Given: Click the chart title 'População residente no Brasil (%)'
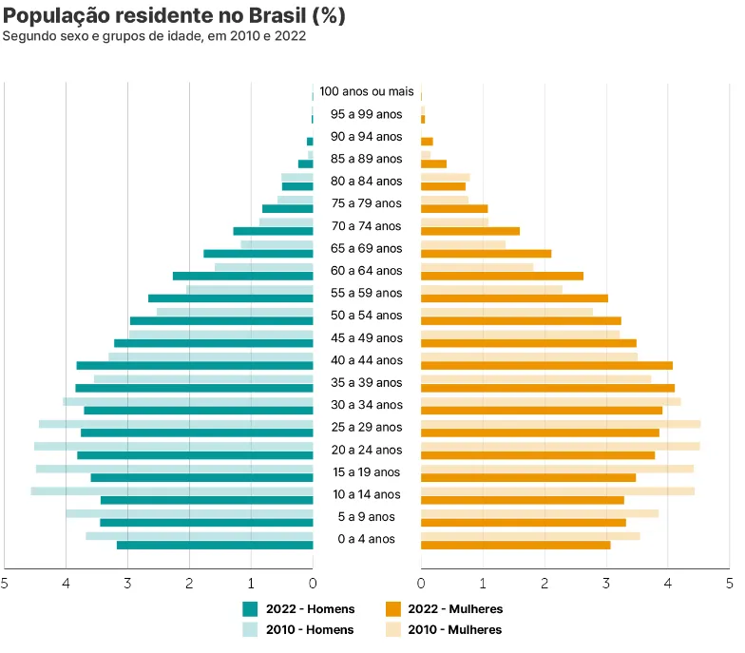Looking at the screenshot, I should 175,15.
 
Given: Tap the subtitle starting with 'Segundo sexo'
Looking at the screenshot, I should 154,36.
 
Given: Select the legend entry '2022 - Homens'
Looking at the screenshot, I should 298,609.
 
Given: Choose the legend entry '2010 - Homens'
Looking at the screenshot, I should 298,629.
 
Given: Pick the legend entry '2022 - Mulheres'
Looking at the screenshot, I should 445,609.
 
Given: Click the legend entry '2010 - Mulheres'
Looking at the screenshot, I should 445,629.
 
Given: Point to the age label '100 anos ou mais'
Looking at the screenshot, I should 367,91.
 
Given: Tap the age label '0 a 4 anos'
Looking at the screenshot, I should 367,539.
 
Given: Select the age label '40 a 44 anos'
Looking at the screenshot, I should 367,360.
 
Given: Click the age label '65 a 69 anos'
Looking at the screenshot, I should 367,248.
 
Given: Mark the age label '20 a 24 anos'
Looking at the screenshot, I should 367,450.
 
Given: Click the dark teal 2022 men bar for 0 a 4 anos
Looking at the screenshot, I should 215,545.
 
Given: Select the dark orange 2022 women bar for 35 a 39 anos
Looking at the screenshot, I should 547,388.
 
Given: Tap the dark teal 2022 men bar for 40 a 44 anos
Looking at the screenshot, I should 195,366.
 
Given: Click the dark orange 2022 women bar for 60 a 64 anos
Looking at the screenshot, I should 502,276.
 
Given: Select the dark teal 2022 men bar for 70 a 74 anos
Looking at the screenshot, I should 273,231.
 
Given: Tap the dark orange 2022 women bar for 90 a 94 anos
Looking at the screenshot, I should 427,142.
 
